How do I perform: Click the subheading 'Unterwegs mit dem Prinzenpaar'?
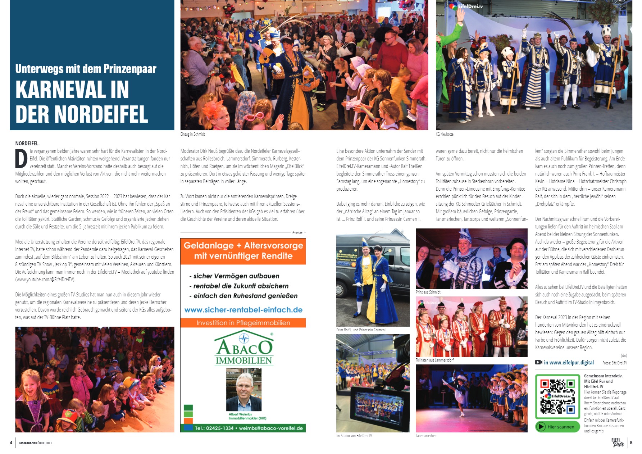(86, 69)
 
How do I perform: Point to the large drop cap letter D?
(21, 159)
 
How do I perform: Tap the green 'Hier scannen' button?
(557, 427)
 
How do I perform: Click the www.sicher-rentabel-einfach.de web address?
(243, 310)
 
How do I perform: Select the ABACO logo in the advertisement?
(244, 349)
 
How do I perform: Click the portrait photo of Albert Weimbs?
(243, 390)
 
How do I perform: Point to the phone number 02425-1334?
(219, 428)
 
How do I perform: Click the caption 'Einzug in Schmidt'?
(192, 134)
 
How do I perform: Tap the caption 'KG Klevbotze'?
(445, 134)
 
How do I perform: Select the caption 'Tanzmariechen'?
(426, 436)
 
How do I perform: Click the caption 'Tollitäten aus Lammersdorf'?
(434, 360)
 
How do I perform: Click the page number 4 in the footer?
(11, 443)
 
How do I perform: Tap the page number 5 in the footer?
(631, 443)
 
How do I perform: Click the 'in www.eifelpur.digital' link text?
(568, 363)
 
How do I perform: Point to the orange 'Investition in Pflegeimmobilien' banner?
(243, 323)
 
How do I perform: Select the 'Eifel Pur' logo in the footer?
(618, 442)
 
